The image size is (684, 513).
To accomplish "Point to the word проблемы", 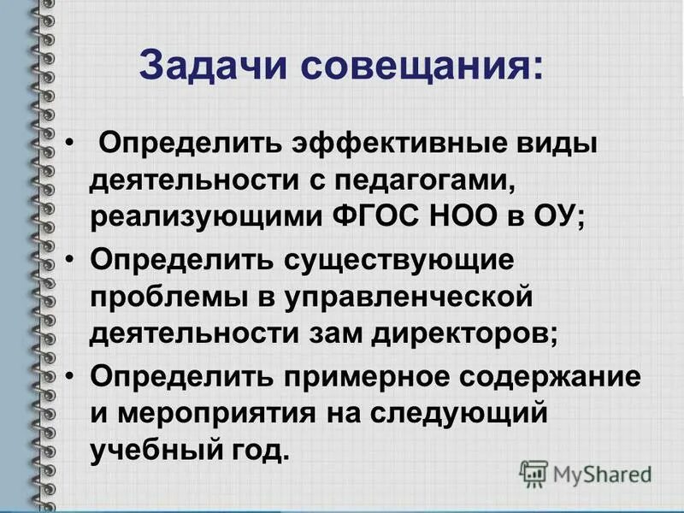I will [166, 295].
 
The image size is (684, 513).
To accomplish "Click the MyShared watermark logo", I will [587, 473].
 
